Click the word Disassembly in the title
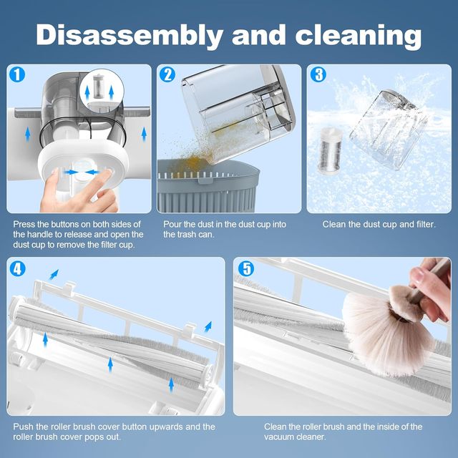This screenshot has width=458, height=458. (x=130, y=35)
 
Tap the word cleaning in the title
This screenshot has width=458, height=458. (x=359, y=36)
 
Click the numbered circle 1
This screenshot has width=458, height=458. (x=17, y=74)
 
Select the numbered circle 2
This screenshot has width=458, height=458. (x=167, y=74)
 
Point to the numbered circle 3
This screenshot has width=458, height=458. (x=318, y=74)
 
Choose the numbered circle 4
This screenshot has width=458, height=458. (x=17, y=269)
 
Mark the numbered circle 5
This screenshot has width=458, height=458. (x=246, y=269)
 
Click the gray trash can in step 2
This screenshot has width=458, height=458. (x=208, y=187)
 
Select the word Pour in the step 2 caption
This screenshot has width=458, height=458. (x=172, y=224)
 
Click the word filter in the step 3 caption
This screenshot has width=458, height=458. (x=423, y=224)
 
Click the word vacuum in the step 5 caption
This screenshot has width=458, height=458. (x=278, y=437)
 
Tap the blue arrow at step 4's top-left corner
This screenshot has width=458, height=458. (x=54, y=275)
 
